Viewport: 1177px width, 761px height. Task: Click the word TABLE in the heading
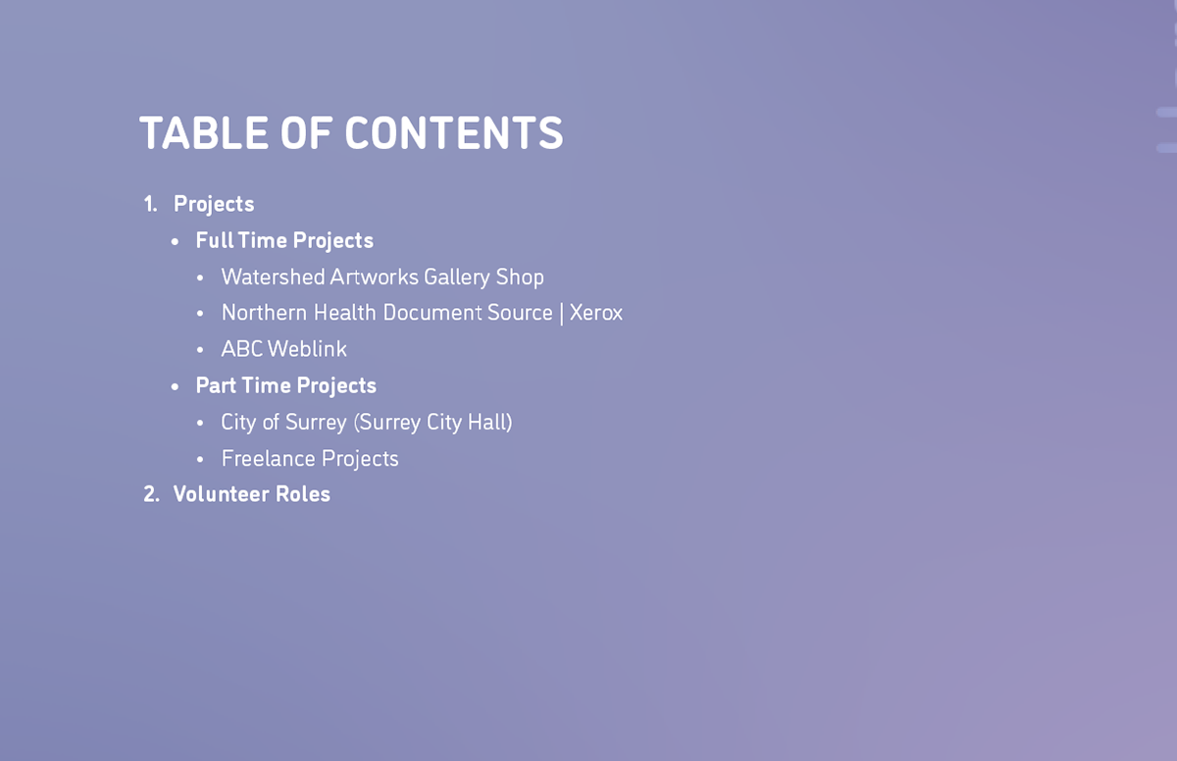tap(204, 133)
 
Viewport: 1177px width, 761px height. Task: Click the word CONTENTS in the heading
tap(454, 133)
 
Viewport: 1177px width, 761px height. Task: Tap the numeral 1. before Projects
tap(151, 204)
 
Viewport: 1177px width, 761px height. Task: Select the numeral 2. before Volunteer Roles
tap(151, 494)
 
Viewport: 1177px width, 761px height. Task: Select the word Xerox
tap(596, 313)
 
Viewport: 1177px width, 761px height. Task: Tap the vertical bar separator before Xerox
tap(561, 314)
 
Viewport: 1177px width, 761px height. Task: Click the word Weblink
tap(307, 349)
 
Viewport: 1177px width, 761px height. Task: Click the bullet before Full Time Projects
tap(175, 242)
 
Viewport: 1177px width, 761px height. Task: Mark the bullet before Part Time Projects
tap(175, 387)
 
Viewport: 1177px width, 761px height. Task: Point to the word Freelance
tap(268, 459)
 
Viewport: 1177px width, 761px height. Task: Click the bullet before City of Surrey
tap(200, 424)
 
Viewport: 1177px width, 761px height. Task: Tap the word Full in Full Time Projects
tap(215, 240)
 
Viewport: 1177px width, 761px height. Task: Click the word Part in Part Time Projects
tap(216, 385)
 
